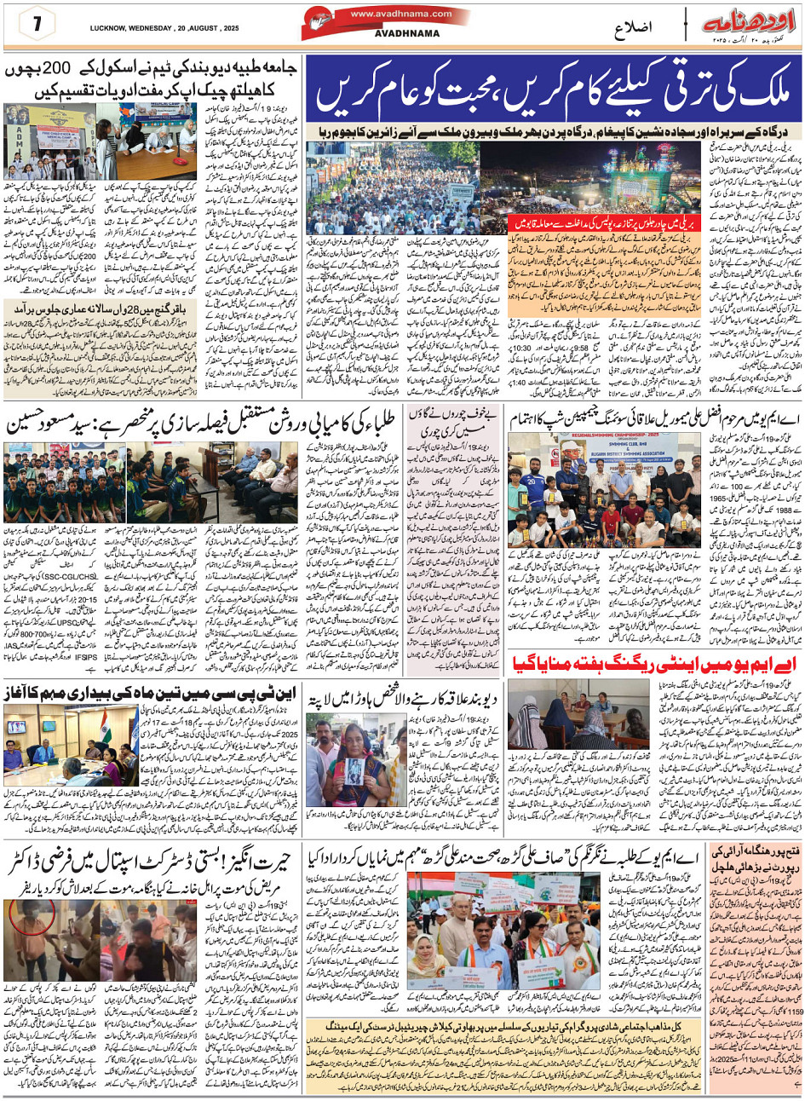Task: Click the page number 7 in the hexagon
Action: point(37,25)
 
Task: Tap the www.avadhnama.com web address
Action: point(400,14)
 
